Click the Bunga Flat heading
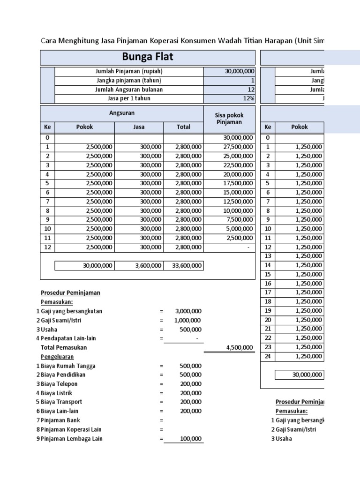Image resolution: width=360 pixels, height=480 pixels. point(148,57)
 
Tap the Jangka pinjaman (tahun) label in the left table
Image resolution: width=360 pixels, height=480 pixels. point(129,80)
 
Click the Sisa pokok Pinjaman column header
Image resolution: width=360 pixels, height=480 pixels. point(230,119)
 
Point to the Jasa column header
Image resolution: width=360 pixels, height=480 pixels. point(139,127)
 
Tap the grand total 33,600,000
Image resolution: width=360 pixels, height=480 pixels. point(187,265)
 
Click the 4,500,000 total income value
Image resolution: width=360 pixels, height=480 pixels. point(238,347)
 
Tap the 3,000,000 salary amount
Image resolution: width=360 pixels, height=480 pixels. point(188,311)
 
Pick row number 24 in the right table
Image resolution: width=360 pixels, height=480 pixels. point(268,356)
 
